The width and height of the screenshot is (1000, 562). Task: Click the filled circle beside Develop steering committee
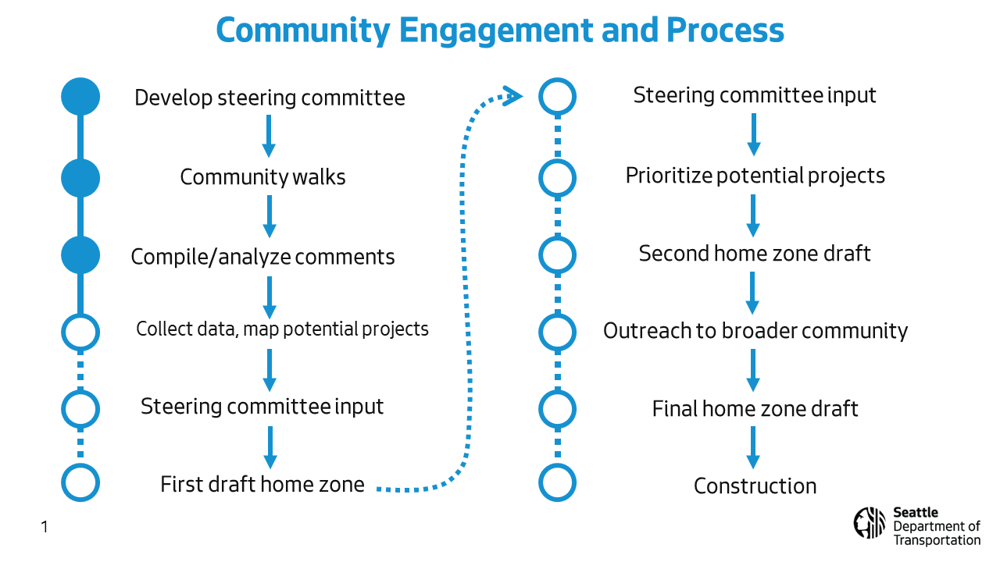tap(80, 96)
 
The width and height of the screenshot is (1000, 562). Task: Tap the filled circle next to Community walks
tap(80, 178)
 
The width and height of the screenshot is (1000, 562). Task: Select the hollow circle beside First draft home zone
tap(80, 482)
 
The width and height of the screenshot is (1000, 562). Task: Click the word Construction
tap(755, 486)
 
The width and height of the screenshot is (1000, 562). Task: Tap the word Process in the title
tap(725, 30)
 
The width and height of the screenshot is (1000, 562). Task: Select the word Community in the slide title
tap(303, 31)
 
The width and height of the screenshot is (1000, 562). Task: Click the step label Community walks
tap(262, 177)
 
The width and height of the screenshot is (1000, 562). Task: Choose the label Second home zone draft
tap(755, 254)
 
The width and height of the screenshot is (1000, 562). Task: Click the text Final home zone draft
tap(755, 408)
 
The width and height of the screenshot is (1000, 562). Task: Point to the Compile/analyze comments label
tap(262, 257)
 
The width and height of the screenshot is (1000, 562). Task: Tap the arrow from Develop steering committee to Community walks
tap(269, 136)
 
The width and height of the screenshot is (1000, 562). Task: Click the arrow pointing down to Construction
tap(753, 447)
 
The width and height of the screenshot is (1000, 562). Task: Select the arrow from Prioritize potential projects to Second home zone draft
tap(753, 215)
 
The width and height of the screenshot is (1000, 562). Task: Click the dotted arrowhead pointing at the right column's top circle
tap(512, 96)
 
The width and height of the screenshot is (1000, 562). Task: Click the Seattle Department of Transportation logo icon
tap(870, 523)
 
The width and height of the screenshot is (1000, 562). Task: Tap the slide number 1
tap(45, 527)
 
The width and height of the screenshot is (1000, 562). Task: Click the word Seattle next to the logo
tap(916, 513)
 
